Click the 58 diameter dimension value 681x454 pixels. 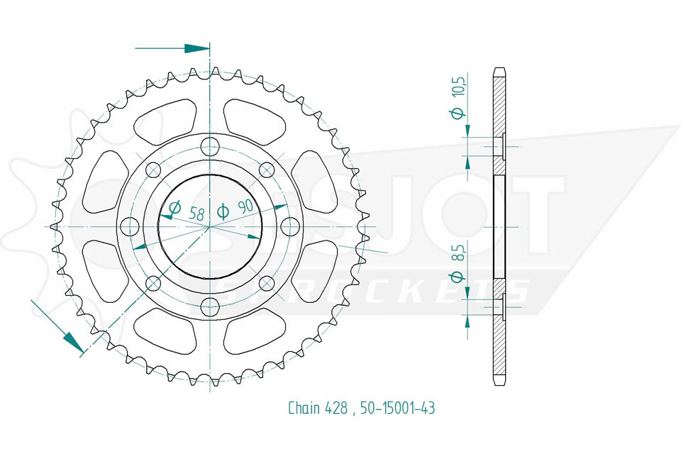[x=196, y=214]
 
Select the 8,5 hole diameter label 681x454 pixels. [x=460, y=254]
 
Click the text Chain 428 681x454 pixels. [x=318, y=408]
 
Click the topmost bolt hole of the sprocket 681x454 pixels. [x=210, y=145]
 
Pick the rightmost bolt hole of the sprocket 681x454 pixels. [x=289, y=226]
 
